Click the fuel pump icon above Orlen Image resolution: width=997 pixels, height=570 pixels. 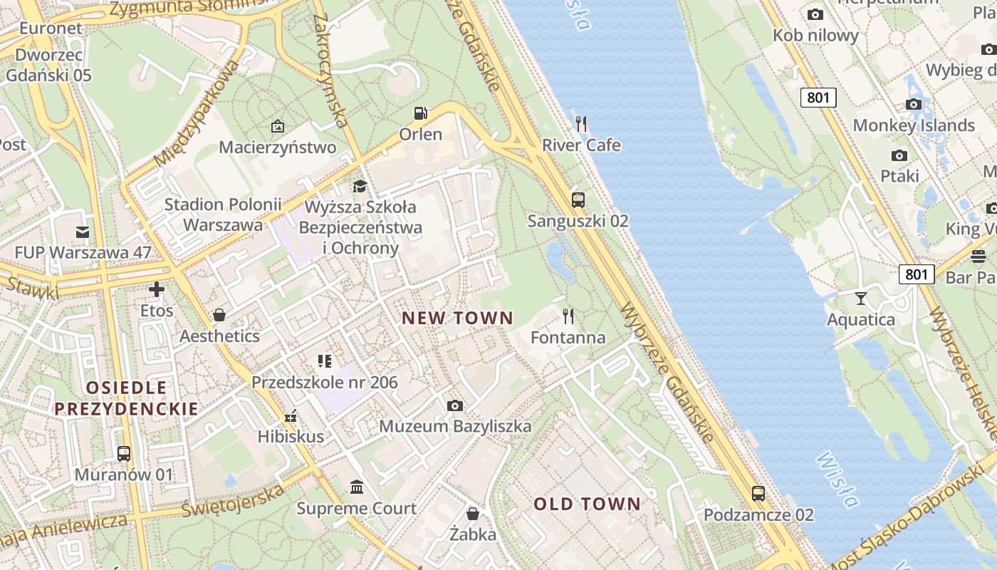pyautogui.click(x=421, y=113)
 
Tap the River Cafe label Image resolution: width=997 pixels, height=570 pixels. pyautogui.click(x=581, y=145)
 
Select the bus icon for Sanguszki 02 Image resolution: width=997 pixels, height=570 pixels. pyautogui.click(x=578, y=200)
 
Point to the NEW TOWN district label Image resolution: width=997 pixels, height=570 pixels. pyautogui.click(x=457, y=318)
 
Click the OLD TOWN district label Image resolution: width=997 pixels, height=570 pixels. pyautogui.click(x=588, y=504)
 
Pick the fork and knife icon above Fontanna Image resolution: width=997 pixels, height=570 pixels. pyautogui.click(x=568, y=316)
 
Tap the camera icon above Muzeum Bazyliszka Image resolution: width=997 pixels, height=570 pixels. pyautogui.click(x=454, y=406)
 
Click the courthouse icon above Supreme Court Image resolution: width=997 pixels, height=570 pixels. pyautogui.click(x=357, y=487)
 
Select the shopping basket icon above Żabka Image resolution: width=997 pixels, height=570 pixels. pyautogui.click(x=472, y=514)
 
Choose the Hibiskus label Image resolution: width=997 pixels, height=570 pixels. pyautogui.click(x=291, y=436)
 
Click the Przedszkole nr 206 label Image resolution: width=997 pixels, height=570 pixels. pyautogui.click(x=324, y=383)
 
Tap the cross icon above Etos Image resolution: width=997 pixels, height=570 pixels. pyautogui.click(x=156, y=289)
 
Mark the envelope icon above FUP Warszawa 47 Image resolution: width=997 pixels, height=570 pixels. pyautogui.click(x=83, y=232)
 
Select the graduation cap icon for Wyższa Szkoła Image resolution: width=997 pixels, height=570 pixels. pyautogui.click(x=360, y=187)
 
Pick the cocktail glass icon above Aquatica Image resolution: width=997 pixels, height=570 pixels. pyautogui.click(x=861, y=298)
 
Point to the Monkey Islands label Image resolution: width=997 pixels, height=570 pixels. pyautogui.click(x=914, y=125)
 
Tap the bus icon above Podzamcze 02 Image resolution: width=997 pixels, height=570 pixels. pyautogui.click(x=758, y=493)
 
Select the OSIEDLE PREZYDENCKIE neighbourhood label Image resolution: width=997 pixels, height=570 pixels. pyautogui.click(x=126, y=398)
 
